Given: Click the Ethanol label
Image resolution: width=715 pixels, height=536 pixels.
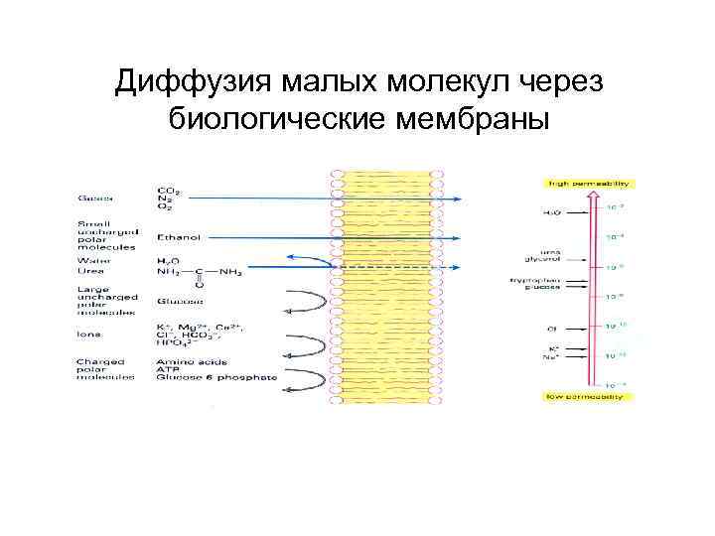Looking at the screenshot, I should [x=178, y=237].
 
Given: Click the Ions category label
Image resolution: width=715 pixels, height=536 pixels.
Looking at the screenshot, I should [x=88, y=335].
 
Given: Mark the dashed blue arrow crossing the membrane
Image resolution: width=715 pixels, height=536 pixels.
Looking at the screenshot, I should [x=397, y=267].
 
